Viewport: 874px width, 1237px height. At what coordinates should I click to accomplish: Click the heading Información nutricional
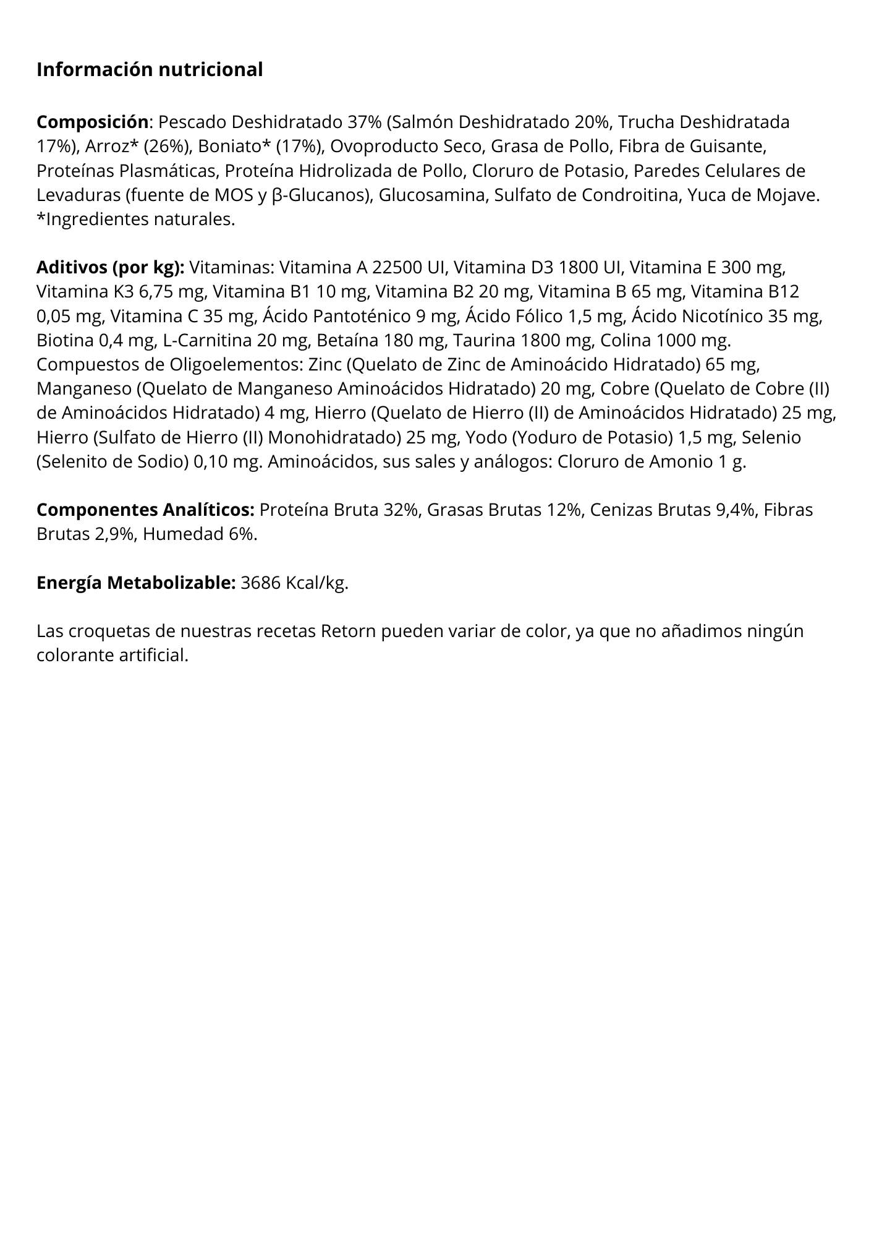coord(150,70)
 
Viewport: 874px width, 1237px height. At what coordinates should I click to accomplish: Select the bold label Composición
coord(93,122)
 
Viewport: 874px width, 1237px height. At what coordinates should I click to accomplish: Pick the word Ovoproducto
coord(376,147)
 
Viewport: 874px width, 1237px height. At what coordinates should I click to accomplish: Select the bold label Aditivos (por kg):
coord(111,268)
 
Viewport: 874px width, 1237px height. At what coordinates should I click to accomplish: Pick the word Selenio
coord(771,438)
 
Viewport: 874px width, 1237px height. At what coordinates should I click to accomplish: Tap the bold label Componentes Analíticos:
coord(145,510)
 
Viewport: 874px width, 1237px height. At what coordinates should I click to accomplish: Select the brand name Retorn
coord(349,631)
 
